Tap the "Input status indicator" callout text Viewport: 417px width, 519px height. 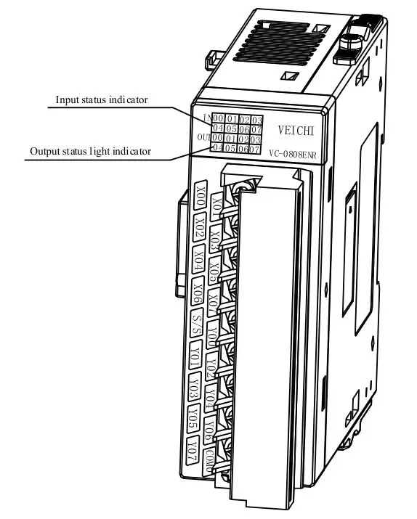click(102, 99)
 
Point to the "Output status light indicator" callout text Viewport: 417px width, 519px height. click(90, 152)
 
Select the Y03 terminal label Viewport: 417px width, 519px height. click(194, 385)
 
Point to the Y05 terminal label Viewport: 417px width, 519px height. click(193, 417)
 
